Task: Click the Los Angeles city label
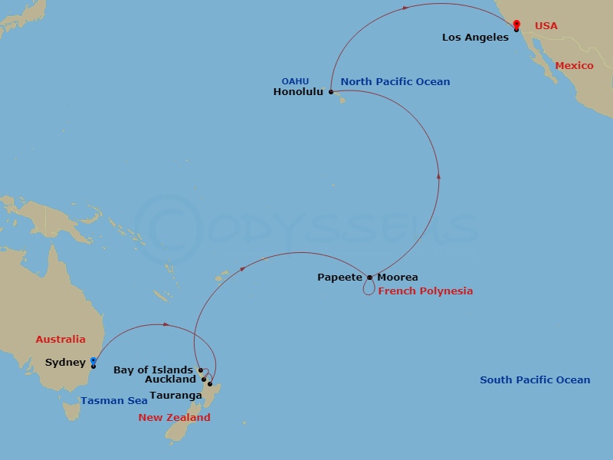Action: [x=475, y=37]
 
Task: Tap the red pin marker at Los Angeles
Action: [x=516, y=25]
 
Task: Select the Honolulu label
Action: [x=298, y=92]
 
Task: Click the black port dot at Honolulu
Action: [x=331, y=92]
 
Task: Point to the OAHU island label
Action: [x=295, y=80]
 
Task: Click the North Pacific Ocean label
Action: [x=395, y=81]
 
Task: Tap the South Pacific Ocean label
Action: [x=535, y=379]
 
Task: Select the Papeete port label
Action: [x=339, y=278]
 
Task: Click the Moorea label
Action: [x=397, y=278]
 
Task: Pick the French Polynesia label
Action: [x=425, y=291]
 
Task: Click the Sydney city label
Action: [x=65, y=362]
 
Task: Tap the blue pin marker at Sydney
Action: [x=93, y=360]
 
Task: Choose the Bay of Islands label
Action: [x=153, y=370]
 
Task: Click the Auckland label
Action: [x=170, y=379]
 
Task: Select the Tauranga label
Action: [x=175, y=396]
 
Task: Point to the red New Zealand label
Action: [x=174, y=418]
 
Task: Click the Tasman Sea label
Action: [x=113, y=400]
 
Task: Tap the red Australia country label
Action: [x=61, y=339]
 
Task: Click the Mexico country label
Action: [x=574, y=66]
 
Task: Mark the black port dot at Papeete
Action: [x=369, y=278]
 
